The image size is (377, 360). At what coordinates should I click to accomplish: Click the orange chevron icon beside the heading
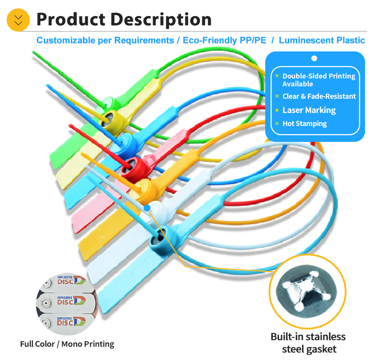[x=19, y=20]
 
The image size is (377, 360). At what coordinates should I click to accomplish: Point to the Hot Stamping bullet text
[x=304, y=124]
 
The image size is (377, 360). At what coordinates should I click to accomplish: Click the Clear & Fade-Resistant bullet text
[x=319, y=96]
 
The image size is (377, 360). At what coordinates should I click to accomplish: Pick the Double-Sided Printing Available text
[x=318, y=80]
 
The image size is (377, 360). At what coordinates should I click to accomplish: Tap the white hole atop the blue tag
[x=314, y=58]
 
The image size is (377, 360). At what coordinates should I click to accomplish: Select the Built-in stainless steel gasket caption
[x=308, y=343]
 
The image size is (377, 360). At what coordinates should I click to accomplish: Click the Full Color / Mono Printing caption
[x=67, y=344]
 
